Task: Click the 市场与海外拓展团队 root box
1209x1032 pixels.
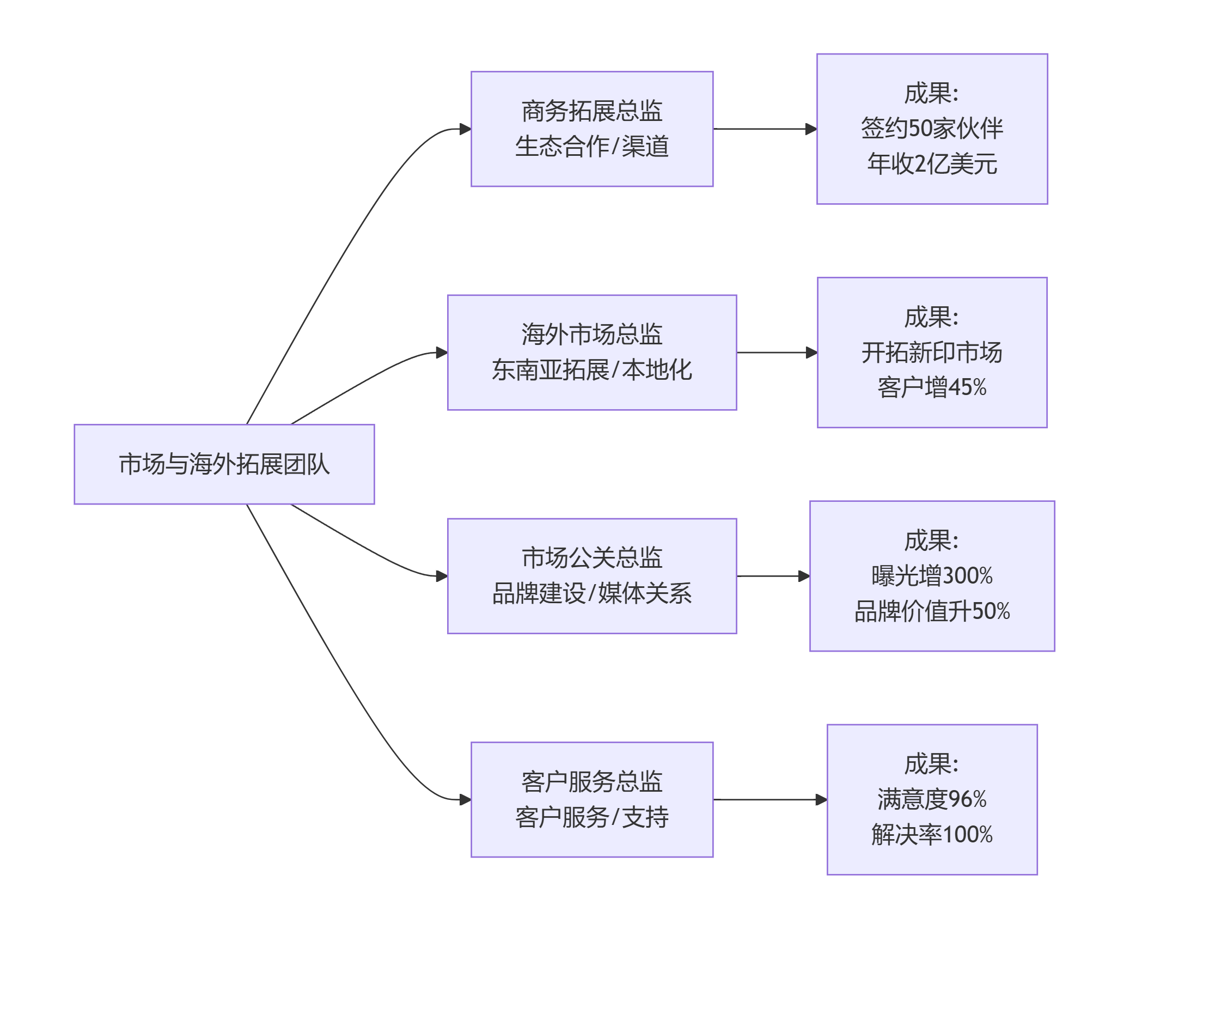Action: (224, 464)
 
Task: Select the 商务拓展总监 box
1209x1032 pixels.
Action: (591, 111)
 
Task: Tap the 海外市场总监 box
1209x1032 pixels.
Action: (591, 335)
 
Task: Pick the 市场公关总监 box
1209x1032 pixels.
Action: (591, 558)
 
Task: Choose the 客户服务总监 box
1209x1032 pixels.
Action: (591, 781)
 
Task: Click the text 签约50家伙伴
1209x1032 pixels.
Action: (932, 129)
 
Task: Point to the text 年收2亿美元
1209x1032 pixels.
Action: (932, 164)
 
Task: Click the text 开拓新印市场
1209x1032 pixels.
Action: (932, 353)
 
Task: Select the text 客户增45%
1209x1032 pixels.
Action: (932, 387)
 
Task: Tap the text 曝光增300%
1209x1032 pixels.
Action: (932, 576)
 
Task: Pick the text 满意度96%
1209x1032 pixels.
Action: (932, 800)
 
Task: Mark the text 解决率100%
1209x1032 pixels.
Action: (932, 835)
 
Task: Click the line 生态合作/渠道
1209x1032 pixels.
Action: (591, 147)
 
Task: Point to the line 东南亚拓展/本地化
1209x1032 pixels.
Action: (591, 370)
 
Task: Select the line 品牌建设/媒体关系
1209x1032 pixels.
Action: (591, 593)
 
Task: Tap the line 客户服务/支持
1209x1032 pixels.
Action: (591, 817)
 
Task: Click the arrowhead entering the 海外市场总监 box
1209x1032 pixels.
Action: (442, 353)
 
